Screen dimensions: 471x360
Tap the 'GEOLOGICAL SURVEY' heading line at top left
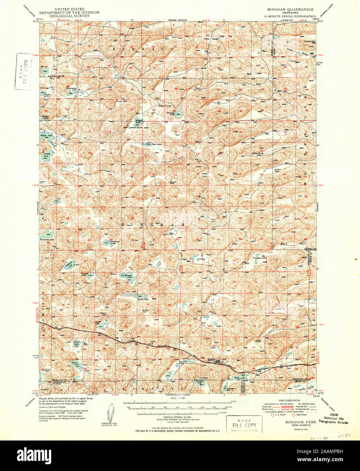tap(69, 15)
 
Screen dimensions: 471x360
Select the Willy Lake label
tap(240, 377)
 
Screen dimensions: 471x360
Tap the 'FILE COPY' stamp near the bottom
tap(244, 424)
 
